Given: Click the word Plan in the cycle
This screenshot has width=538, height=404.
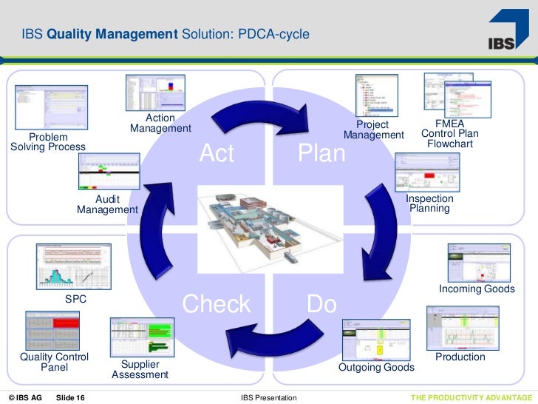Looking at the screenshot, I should point(321,154).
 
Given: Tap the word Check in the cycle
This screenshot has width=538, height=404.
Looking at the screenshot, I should point(217,304).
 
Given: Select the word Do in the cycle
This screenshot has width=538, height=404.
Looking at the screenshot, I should point(321,304).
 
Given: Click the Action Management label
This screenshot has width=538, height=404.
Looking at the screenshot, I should point(160,124).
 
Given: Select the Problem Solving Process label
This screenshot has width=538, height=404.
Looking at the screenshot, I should point(48,142).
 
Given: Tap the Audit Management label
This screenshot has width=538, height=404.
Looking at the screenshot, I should point(107,205).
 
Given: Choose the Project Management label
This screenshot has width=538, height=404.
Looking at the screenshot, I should point(373,130).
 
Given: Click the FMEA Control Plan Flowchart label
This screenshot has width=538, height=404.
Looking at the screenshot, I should point(449,133).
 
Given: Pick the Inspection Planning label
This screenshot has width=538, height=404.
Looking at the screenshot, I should point(430,203).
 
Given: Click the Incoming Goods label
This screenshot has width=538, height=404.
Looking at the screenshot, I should point(477,289).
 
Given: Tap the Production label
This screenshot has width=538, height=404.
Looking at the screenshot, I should point(460,357).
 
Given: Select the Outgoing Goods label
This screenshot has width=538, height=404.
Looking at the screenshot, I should point(376,368).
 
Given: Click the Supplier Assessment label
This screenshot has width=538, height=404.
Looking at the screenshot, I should point(140,370).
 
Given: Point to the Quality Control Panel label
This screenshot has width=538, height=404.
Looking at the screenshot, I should point(54,362).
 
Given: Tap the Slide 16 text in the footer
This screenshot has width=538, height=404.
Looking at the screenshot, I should point(70,398).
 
